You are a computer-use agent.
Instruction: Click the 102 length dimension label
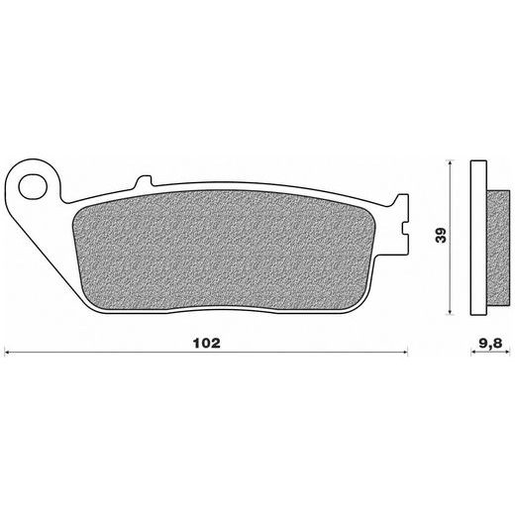(207, 343)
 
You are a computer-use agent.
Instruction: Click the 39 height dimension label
(441, 235)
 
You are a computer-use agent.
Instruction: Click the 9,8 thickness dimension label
(490, 344)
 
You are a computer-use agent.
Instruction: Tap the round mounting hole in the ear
(33, 188)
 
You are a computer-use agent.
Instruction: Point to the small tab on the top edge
(144, 181)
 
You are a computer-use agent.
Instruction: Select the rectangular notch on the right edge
(405, 229)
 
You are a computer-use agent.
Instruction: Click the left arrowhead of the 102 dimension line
(7, 353)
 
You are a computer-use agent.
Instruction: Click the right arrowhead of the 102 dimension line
(405, 353)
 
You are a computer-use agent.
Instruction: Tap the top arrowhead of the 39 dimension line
(450, 163)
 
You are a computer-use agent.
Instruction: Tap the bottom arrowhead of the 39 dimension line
(450, 311)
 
